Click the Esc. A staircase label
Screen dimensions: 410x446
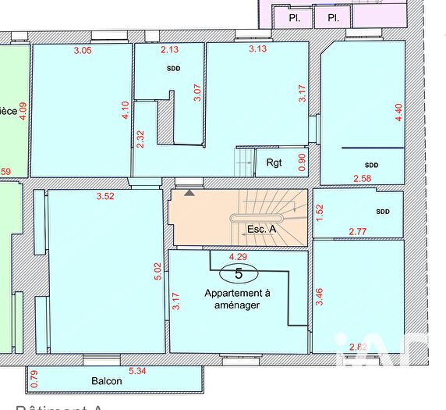(x=261, y=229)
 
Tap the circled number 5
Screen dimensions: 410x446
(x=239, y=273)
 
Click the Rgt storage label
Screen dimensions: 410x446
(x=274, y=163)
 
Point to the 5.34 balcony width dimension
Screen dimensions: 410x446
(x=137, y=371)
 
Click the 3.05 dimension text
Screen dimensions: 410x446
(x=82, y=51)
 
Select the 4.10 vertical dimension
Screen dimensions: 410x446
(x=125, y=110)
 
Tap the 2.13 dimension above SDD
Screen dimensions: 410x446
(x=169, y=50)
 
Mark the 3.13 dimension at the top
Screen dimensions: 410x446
(x=257, y=50)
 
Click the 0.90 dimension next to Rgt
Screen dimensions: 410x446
(x=303, y=162)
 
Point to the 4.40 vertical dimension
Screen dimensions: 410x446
(x=398, y=112)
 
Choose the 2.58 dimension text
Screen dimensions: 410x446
(x=363, y=180)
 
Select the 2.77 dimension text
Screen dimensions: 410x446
(x=358, y=231)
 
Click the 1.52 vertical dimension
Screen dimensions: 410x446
(x=319, y=212)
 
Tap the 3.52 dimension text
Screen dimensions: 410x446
(x=105, y=196)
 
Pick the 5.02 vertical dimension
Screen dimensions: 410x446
(x=158, y=271)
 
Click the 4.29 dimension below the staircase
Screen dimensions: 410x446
(x=238, y=255)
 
